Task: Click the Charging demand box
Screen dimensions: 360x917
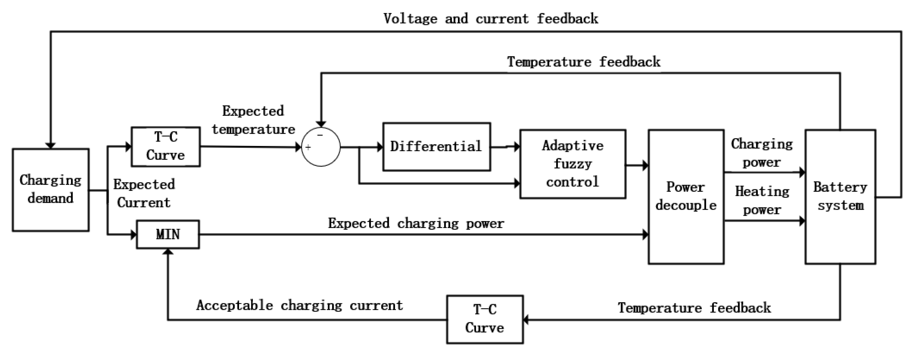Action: [51, 190]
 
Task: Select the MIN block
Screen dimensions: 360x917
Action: [168, 234]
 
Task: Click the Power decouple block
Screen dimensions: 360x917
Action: [686, 197]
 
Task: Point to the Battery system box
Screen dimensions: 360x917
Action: [840, 197]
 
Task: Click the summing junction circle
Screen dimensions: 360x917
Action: [321, 147]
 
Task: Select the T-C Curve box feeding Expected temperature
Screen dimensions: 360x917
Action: [166, 146]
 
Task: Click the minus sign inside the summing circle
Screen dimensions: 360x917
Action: [320, 135]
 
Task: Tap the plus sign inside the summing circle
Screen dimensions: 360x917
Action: [308, 147]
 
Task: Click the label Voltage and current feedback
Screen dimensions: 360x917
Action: [491, 19]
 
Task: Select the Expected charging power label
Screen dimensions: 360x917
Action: [415, 223]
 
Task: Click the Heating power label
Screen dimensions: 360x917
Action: [762, 200]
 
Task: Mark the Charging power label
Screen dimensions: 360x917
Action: [762, 153]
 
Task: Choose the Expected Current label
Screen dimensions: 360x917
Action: [144, 193]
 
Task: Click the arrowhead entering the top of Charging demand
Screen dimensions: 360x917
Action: [51, 145]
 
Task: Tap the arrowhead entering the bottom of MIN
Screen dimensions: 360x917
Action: [168, 252]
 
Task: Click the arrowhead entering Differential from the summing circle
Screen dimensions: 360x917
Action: [380, 147]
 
